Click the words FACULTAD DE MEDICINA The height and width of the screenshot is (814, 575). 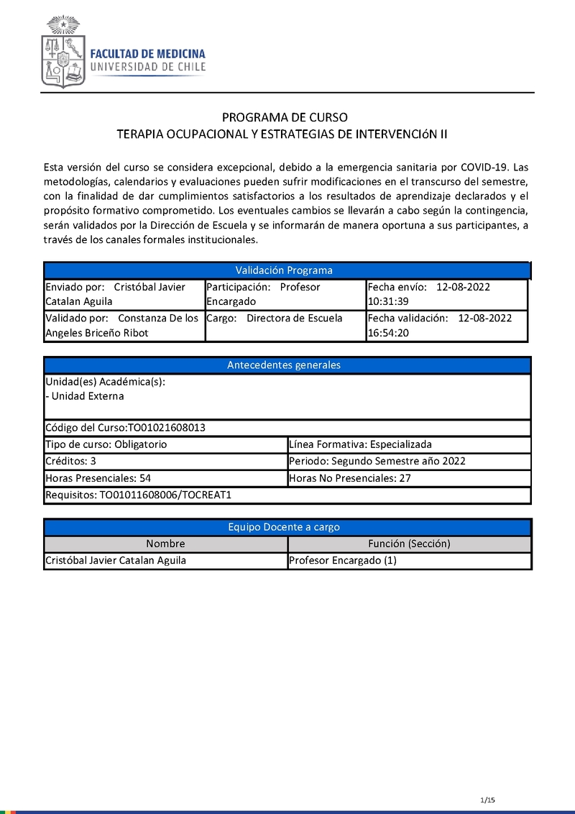coord(147,54)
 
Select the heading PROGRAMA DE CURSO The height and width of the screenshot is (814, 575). coord(285,117)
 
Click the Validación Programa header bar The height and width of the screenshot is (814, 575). coord(285,270)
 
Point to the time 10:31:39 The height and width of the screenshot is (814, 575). coord(388,302)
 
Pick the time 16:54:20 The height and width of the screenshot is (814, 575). coord(388,333)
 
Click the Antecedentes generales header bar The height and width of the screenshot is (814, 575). coord(285,365)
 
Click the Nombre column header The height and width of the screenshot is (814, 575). coord(165,544)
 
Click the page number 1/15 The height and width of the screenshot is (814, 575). coord(487,800)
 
